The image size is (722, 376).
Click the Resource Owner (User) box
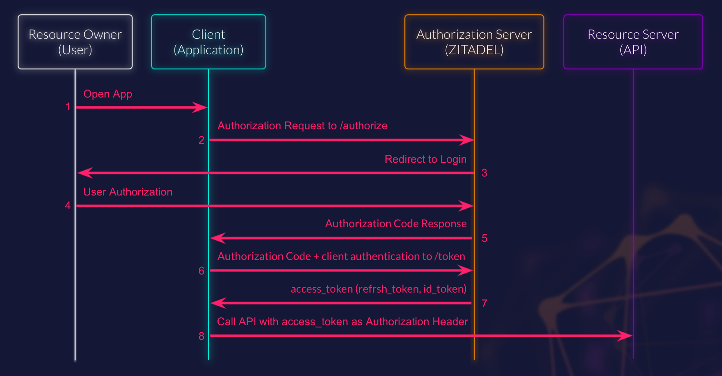tap(75, 42)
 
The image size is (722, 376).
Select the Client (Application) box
tap(208, 42)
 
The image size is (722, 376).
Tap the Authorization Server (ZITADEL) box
tap(474, 42)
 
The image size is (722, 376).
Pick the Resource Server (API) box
tap(633, 42)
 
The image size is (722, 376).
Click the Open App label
tap(107, 94)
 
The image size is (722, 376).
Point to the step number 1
tap(68, 107)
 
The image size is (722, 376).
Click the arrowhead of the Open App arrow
tap(201, 107)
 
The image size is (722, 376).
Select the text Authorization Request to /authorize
tap(302, 126)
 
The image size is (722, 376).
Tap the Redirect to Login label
tap(426, 159)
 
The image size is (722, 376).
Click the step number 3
tap(484, 173)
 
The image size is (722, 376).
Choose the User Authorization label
tap(128, 192)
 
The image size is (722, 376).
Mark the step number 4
tap(68, 206)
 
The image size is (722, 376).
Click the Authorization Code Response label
tap(395, 224)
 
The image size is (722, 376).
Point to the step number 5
tap(484, 238)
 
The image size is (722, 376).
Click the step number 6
tap(201, 271)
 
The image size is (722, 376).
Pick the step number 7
tap(484, 304)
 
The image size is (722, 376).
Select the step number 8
tap(201, 336)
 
